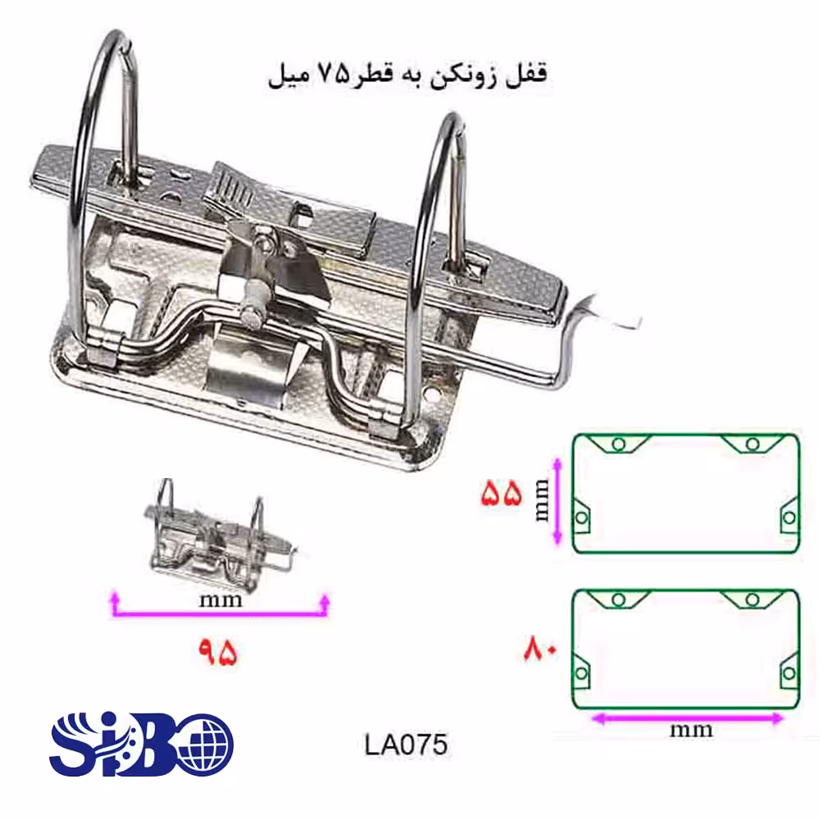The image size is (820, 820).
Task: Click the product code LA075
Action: point(406,745)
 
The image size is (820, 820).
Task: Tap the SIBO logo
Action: point(141,744)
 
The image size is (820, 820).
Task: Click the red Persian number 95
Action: point(217,652)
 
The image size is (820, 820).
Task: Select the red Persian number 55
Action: point(501,493)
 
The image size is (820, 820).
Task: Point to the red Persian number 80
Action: point(540,649)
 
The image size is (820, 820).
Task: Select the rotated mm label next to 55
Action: point(542,500)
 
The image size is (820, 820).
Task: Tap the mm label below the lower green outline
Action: point(690,730)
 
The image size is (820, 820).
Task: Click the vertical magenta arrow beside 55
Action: point(558,501)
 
